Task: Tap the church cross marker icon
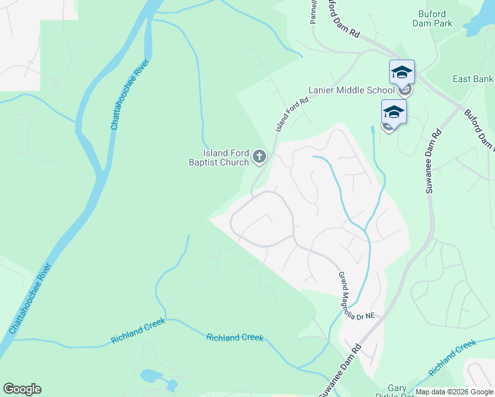pos(259,157)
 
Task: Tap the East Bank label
pos(473,79)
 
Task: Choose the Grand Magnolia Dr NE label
pos(355,296)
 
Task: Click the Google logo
pos(22,389)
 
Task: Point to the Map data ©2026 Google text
pos(454,392)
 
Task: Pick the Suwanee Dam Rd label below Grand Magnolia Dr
pos(339,370)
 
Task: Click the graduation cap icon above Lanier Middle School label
pos(402,71)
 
